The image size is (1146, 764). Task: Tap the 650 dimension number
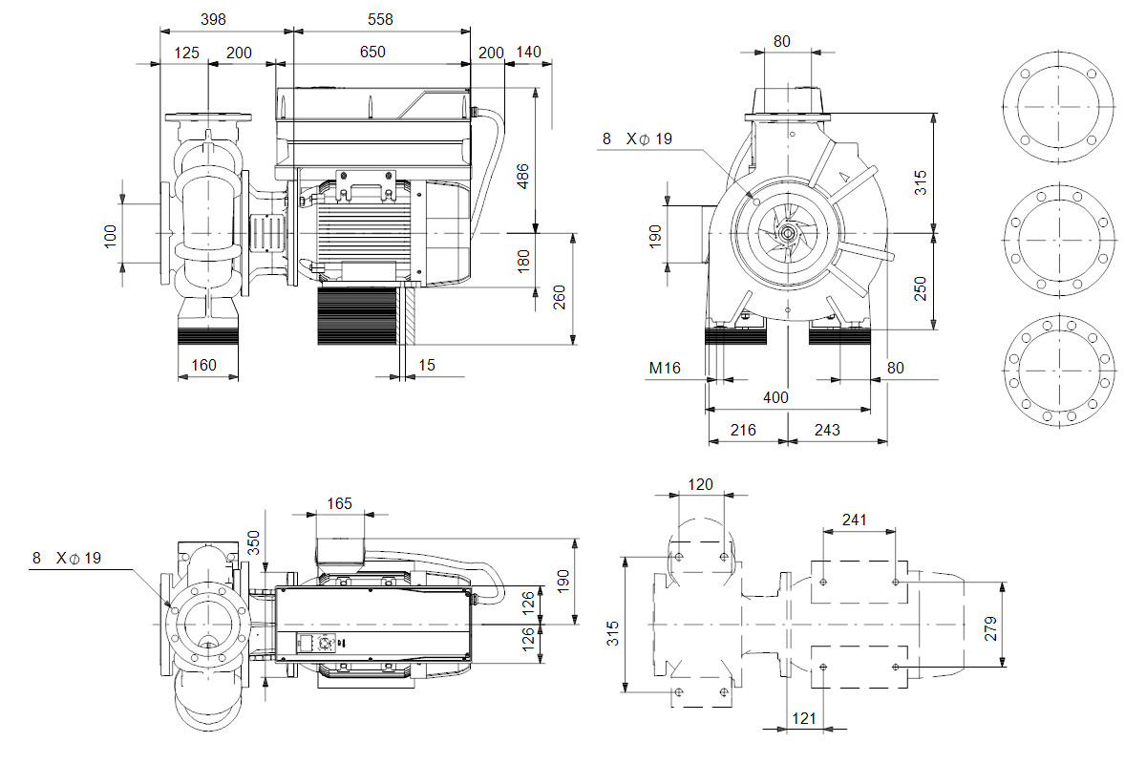pyautogui.click(x=372, y=52)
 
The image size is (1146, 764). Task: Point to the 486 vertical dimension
pyautogui.click(x=523, y=176)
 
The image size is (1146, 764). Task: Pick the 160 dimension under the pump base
pyautogui.click(x=203, y=364)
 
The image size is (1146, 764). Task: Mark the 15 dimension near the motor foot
pyautogui.click(x=427, y=364)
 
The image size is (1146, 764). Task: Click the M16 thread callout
pyautogui.click(x=665, y=368)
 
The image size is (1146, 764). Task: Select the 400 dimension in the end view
pyautogui.click(x=775, y=397)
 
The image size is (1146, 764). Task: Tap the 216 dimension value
pyautogui.click(x=743, y=430)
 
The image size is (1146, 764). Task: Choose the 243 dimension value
pyautogui.click(x=827, y=430)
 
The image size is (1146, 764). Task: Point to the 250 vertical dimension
pyautogui.click(x=921, y=288)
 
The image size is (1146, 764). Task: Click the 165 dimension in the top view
pyautogui.click(x=339, y=502)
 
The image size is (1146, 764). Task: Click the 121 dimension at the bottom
pyautogui.click(x=805, y=718)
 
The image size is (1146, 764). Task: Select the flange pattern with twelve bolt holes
pyautogui.click(x=1059, y=368)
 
